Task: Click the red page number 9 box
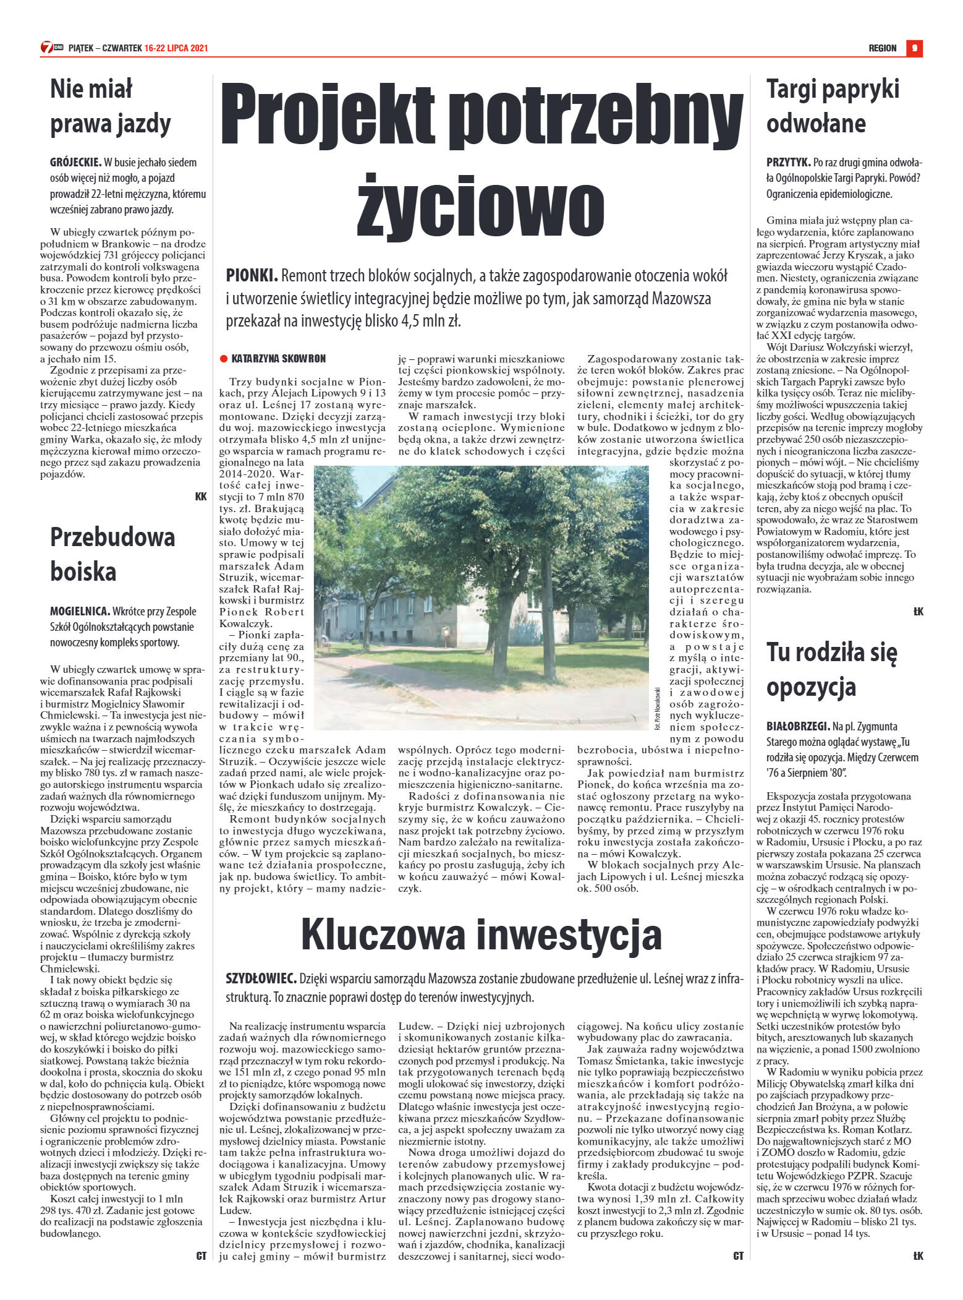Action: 914,48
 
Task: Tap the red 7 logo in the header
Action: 46,48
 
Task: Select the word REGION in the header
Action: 882,48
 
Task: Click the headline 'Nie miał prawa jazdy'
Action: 110,106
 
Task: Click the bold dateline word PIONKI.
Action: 252,275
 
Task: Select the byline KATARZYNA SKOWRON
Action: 278,359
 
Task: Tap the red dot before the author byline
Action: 224,359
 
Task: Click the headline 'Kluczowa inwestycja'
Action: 481,936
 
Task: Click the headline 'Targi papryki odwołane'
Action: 833,106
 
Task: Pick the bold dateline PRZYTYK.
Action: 788,163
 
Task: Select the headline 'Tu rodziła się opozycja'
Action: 831,670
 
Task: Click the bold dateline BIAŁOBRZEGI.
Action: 797,726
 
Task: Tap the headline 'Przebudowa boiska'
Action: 112,554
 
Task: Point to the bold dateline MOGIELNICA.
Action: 80,612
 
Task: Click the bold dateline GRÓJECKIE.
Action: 75,163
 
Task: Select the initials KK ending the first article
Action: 201,496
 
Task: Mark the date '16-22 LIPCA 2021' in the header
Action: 176,48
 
